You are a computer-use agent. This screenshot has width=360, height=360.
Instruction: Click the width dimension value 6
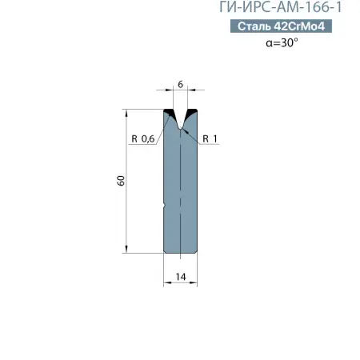(181, 83)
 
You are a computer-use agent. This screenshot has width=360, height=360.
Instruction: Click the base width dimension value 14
(181, 276)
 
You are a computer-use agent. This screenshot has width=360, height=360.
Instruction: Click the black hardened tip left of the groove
(170, 112)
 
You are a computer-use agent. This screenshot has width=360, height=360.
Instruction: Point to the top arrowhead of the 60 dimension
(127, 113)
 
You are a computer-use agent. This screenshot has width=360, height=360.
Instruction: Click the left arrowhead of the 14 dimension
(166, 282)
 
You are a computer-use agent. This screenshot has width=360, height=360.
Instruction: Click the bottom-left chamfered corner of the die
(166, 252)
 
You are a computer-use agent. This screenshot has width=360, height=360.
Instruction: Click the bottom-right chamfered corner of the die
(196, 252)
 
